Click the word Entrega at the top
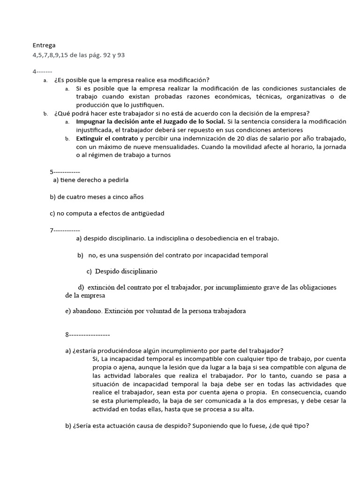[44, 45]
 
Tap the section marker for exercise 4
[42, 71]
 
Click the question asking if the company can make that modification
[132, 80]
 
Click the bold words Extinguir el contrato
[107, 139]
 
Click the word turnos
[155, 156]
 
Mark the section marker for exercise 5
[65, 172]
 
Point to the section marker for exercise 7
[65, 230]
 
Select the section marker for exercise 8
[88, 335]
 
